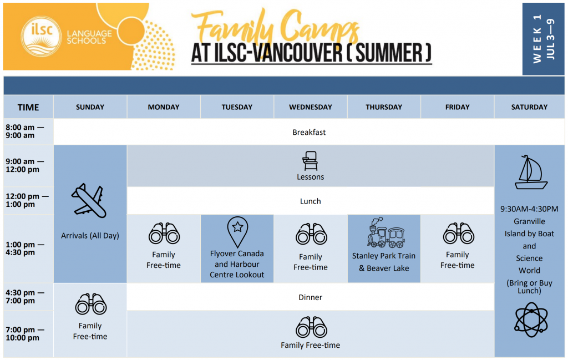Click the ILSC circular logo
click(42, 37)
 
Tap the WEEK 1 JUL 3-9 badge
click(543, 39)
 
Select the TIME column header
click(28, 108)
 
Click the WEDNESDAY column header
click(310, 107)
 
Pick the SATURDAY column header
click(529, 107)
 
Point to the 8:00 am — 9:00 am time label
click(20, 131)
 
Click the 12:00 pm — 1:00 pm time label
click(27, 200)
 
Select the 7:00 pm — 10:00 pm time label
click(22, 334)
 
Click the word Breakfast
click(309, 133)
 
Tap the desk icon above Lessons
click(310, 161)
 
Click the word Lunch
click(310, 201)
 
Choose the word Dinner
click(310, 297)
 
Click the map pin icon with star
click(237, 231)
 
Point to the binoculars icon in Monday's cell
click(164, 234)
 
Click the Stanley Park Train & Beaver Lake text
click(384, 262)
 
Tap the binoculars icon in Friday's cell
click(458, 234)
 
